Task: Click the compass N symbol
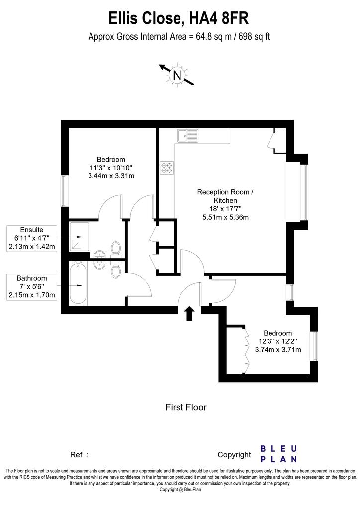coord(177,75)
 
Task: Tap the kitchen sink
coord(187,135)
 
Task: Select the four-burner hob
coord(167,168)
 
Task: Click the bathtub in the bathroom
coord(78,283)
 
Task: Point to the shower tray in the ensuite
coord(79,236)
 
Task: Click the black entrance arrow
coord(189,314)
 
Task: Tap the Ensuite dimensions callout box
coord(32,238)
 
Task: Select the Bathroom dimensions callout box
coord(32,287)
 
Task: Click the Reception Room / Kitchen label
coord(225,196)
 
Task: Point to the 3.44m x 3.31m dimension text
coord(111,176)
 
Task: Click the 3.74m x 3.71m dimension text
coord(278,350)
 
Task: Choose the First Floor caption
coord(186,407)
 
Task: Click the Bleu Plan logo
coord(278,454)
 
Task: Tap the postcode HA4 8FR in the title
coord(219,18)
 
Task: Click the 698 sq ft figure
coord(254,36)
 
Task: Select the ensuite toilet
coord(116,250)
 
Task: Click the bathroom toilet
coord(116,269)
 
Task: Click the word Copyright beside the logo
coord(234,455)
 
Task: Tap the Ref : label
coord(79,455)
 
